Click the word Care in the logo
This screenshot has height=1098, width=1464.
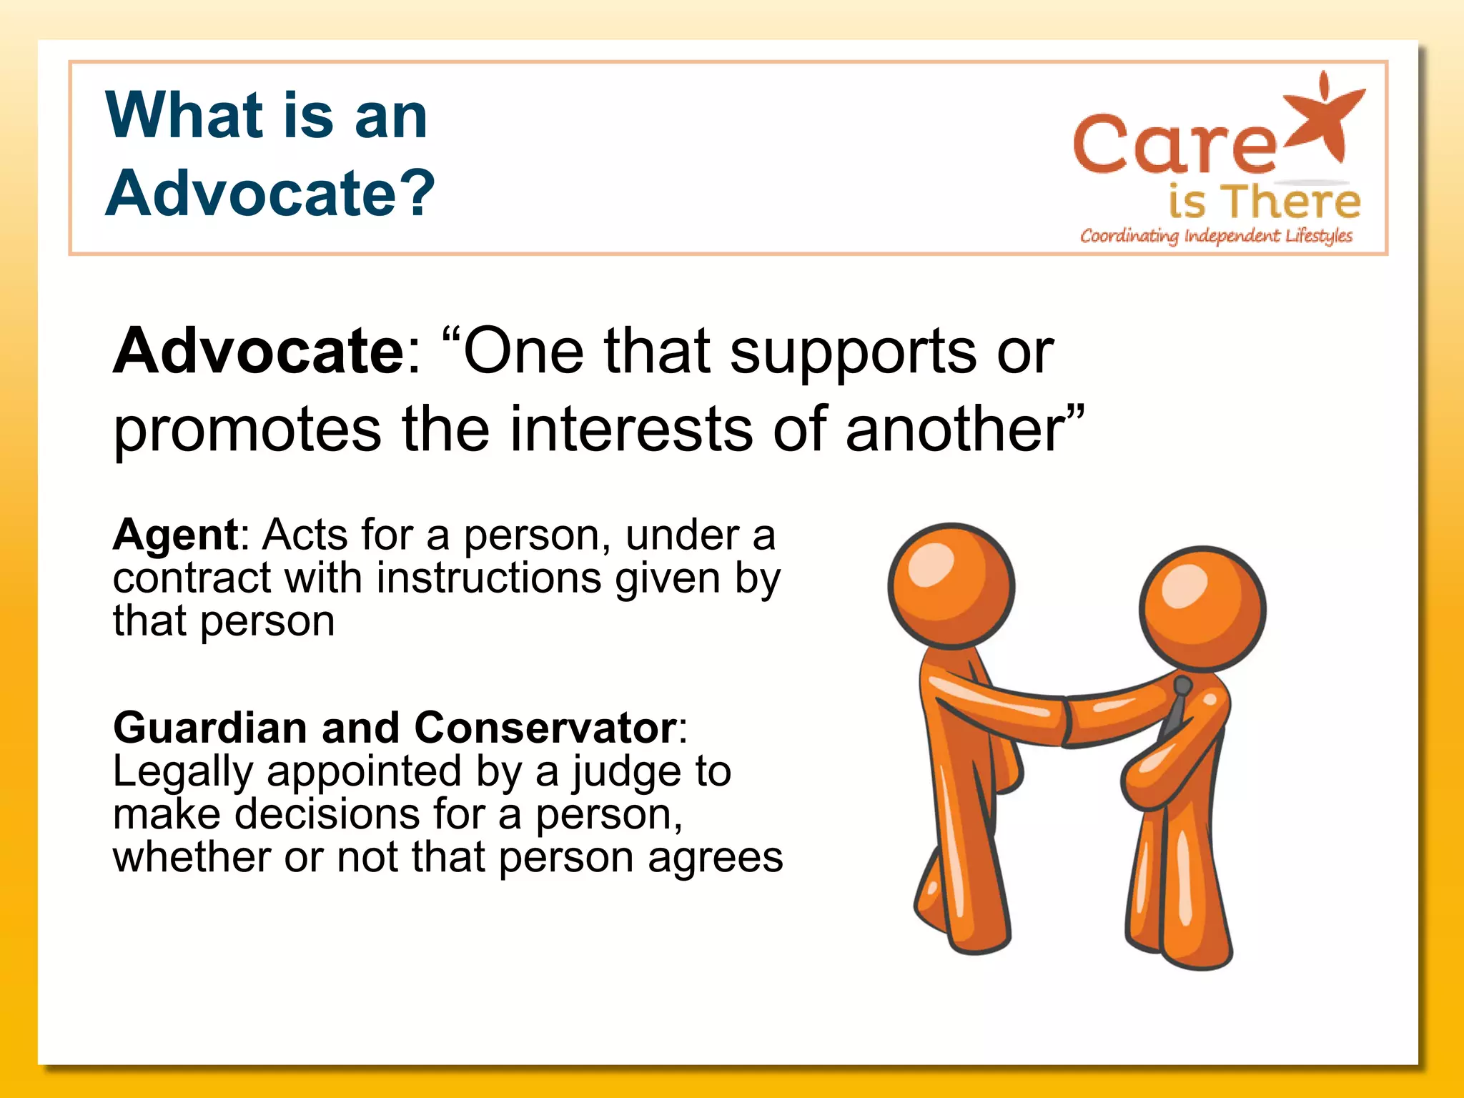(1174, 146)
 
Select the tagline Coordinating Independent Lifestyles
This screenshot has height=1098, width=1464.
(1216, 236)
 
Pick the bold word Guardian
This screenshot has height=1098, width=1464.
(210, 728)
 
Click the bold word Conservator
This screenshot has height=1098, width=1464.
(545, 728)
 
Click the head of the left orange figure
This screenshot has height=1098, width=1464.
(951, 585)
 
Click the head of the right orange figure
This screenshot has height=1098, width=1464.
(1202, 608)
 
